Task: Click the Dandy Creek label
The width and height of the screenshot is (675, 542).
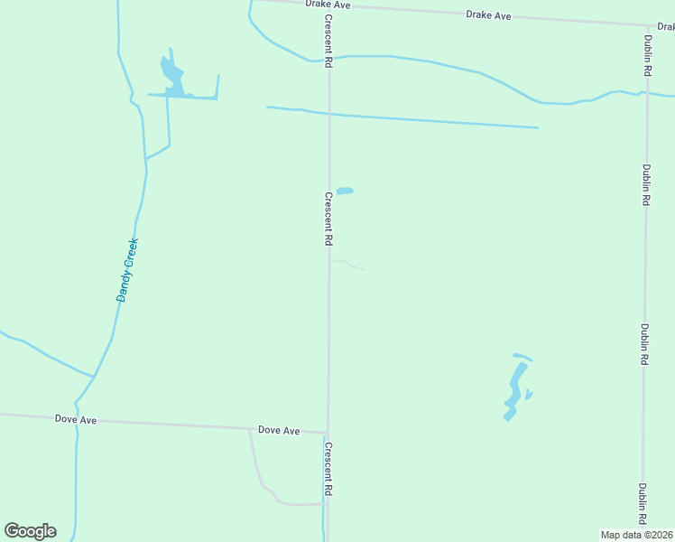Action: pos(126,269)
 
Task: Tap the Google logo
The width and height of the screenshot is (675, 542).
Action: pos(30,531)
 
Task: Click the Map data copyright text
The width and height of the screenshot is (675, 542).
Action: pos(637,535)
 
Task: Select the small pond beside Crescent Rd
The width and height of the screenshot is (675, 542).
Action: pos(345,191)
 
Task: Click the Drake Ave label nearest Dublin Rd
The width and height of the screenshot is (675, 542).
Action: pos(488,15)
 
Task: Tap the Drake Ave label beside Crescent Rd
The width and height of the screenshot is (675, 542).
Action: pos(327,5)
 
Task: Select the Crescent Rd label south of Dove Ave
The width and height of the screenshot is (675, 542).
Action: pos(328,468)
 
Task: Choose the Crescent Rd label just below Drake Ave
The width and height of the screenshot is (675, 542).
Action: pos(328,39)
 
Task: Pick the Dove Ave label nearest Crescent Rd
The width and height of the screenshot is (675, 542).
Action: pos(278,431)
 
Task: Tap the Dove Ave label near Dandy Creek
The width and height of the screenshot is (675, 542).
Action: pos(76,419)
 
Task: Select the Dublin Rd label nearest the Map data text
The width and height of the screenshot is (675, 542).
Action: pos(643,504)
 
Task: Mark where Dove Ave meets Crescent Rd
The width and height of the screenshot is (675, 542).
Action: pos(327,433)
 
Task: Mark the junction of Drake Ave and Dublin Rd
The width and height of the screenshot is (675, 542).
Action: pos(648,25)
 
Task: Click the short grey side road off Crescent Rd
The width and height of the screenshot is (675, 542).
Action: pos(347,264)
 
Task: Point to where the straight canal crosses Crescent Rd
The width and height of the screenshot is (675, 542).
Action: pos(328,115)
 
